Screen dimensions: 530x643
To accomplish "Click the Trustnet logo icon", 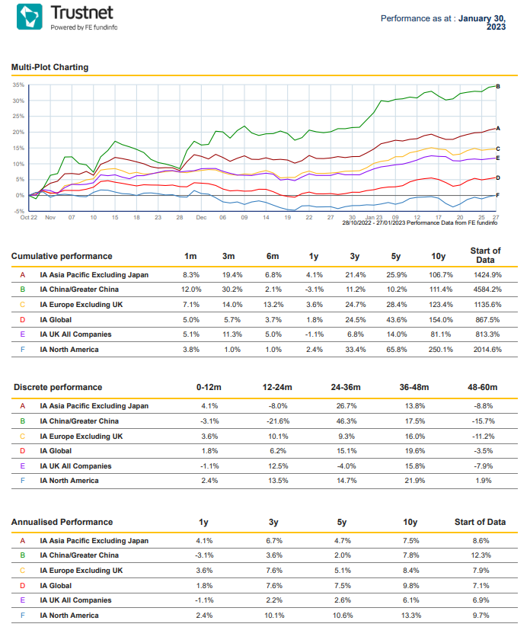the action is pos(30,17).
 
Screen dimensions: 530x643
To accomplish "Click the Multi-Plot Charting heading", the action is pos(49,67).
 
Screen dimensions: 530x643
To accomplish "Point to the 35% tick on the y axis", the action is pos(18,85).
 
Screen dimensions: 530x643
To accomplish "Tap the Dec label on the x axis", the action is pos(201,217).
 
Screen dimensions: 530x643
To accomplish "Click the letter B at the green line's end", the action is pos(498,87).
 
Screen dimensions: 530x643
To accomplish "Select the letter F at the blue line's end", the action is pos(497,195).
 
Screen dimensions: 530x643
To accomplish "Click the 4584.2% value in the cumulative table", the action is pos(487,290).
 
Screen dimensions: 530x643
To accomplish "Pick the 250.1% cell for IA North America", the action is pos(441,350).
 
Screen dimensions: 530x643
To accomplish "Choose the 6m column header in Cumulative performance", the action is pos(273,256).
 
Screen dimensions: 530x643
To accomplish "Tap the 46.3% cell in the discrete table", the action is pos(346,421).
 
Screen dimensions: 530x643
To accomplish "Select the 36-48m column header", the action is pos(414,388).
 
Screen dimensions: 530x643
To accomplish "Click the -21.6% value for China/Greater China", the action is pos(278,421).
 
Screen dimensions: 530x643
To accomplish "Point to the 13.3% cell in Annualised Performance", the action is pos(410,616).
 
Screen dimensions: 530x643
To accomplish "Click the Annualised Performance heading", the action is pos(62,522).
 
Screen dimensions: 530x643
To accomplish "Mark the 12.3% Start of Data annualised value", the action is pos(481,555).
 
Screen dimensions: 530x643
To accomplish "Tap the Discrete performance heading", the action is pos(58,388).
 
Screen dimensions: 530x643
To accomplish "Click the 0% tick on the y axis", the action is pos(20,196).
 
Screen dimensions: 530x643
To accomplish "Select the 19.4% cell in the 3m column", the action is pos(232,275).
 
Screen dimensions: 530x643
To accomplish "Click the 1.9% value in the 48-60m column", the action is pos(484,481).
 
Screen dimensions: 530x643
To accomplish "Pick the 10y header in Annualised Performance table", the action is pos(410,522).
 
